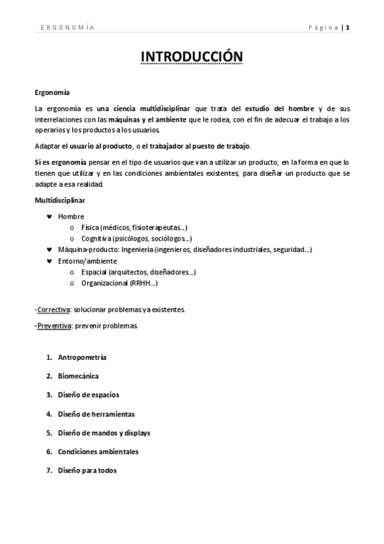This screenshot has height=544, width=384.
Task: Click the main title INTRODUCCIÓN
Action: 192,57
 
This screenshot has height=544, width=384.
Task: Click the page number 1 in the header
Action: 348,27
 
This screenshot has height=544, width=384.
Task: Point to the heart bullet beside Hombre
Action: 49,216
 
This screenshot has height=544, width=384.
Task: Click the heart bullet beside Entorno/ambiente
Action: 49,261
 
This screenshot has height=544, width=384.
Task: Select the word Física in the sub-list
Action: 90,228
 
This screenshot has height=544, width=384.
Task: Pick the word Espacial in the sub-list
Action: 94,272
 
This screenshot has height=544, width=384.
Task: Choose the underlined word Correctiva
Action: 53,309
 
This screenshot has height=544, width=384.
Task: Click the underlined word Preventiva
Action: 54,326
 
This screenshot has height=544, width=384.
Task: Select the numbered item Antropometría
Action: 82,357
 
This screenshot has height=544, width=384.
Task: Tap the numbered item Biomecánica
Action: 78,376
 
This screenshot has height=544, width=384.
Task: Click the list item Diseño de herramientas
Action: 96,414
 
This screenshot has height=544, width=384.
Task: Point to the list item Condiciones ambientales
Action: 97,451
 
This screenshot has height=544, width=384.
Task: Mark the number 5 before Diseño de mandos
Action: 49,432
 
